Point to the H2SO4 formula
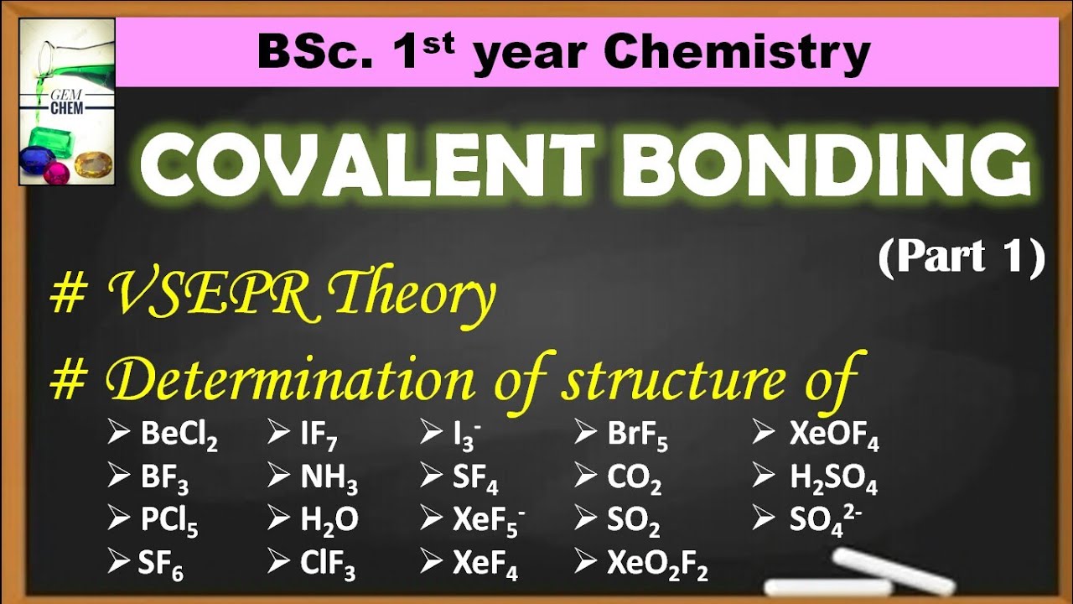coord(833,478)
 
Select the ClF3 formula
coord(328,565)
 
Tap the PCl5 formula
coord(169,522)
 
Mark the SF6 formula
coord(161,565)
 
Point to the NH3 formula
coord(329,478)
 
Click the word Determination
coord(290,380)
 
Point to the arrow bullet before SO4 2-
coord(763,520)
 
